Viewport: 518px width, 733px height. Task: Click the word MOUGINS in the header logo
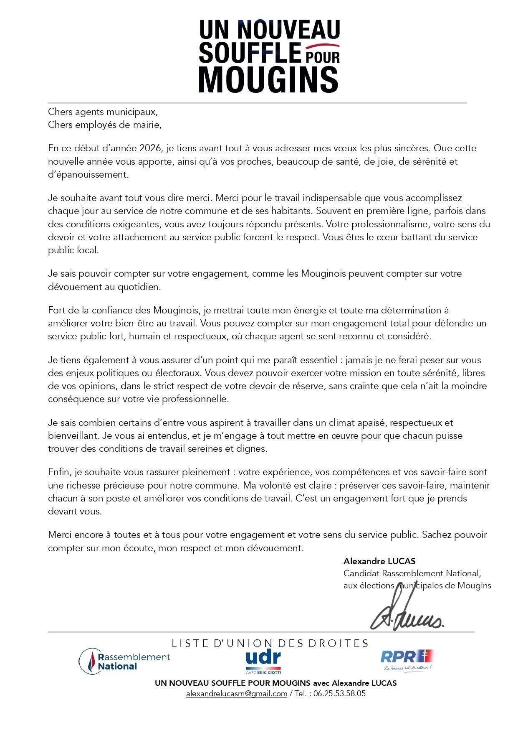(x=268, y=79)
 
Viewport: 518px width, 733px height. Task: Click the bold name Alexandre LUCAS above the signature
(x=379, y=561)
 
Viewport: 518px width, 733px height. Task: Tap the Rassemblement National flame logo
(x=88, y=661)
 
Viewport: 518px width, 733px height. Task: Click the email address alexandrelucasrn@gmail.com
(x=236, y=694)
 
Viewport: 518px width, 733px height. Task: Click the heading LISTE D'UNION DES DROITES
(x=270, y=643)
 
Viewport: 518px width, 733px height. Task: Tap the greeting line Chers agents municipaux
(x=103, y=112)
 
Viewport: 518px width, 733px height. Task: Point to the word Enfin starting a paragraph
(x=60, y=472)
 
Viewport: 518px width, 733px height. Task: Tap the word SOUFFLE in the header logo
(x=249, y=53)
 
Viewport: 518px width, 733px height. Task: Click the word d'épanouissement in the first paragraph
(x=88, y=174)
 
